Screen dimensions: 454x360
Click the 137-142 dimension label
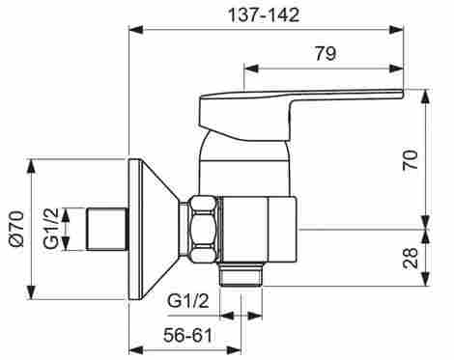(x=264, y=14)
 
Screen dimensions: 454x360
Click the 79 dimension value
(x=326, y=53)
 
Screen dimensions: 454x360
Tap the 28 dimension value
(x=411, y=258)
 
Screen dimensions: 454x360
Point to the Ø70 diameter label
(x=16, y=229)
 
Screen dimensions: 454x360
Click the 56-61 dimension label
(x=188, y=335)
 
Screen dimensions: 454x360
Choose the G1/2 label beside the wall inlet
(x=51, y=229)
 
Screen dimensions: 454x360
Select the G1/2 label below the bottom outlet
(x=188, y=301)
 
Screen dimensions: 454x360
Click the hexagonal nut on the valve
(x=203, y=229)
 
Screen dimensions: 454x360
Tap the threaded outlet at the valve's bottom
(x=241, y=274)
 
